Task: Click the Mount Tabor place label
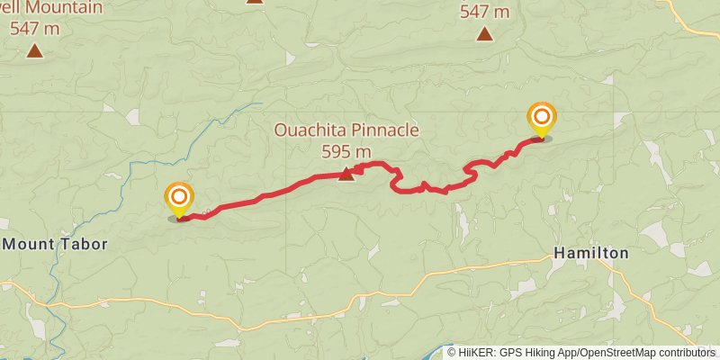[x=55, y=244]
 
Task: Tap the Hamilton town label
[x=590, y=253]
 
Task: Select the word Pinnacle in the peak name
[x=385, y=130]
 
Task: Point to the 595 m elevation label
[x=346, y=150]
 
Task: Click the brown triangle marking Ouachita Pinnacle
[x=346, y=173]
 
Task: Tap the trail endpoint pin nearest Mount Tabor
[x=179, y=198]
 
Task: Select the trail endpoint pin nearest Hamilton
[x=542, y=119]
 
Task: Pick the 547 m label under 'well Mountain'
[x=33, y=28]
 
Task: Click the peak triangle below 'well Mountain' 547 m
[x=34, y=50]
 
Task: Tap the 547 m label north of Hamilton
[x=484, y=13]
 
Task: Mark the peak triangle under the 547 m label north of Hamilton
[x=484, y=35]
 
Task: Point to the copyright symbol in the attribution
[x=453, y=353]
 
